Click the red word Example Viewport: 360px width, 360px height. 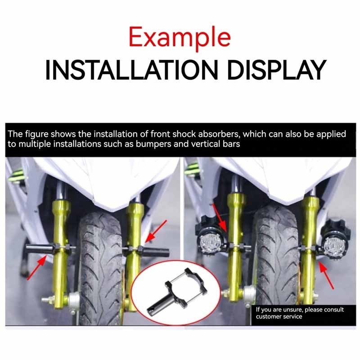[180, 38]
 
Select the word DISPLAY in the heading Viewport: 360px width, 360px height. [277, 70]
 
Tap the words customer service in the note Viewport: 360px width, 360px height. [279, 317]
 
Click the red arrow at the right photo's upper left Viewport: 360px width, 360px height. [220, 218]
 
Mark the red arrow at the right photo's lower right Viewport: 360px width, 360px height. [326, 275]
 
